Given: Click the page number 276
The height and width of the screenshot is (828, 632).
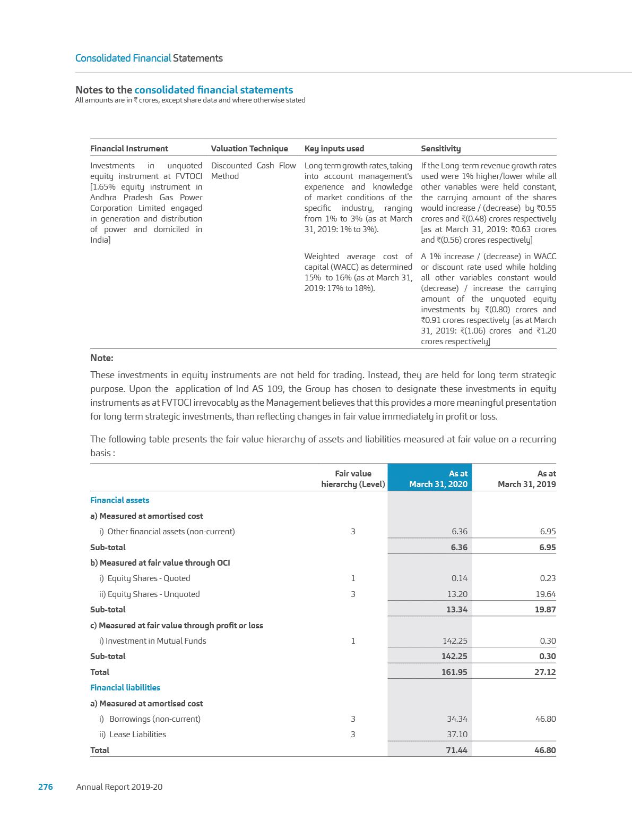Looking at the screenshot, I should (46, 787).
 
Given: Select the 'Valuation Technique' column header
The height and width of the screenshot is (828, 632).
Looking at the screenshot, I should (249, 149).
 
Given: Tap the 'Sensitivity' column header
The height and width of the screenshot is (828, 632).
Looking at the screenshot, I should (440, 149).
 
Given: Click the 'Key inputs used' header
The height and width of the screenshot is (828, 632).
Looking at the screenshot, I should (334, 149).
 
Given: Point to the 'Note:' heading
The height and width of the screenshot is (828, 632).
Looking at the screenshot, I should (102, 358).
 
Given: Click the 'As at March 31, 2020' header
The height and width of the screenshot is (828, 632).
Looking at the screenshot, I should (438, 479).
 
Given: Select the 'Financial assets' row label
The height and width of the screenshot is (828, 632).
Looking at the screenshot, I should (120, 500).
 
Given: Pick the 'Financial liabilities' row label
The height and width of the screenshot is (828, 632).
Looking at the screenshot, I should (125, 687).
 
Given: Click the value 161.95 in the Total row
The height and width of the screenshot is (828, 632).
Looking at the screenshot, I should (454, 672).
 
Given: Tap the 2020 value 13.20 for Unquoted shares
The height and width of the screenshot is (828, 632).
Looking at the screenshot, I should (457, 594).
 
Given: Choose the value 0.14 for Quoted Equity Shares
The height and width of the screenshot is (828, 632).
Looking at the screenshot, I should (460, 578).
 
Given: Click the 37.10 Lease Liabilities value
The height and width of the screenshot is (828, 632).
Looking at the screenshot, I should (457, 734).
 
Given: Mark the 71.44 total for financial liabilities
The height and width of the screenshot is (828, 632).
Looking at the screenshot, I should (456, 750).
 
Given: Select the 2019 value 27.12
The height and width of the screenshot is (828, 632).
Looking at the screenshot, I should (545, 672).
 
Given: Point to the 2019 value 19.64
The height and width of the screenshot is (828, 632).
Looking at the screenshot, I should (545, 594).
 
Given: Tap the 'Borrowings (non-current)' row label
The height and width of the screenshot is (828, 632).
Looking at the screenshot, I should (154, 719).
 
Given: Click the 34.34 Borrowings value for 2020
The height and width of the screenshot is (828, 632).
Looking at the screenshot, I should (457, 719).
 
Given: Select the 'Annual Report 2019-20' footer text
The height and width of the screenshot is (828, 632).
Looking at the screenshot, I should (119, 787).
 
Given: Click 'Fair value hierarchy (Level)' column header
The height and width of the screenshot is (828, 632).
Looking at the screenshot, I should (353, 479).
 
